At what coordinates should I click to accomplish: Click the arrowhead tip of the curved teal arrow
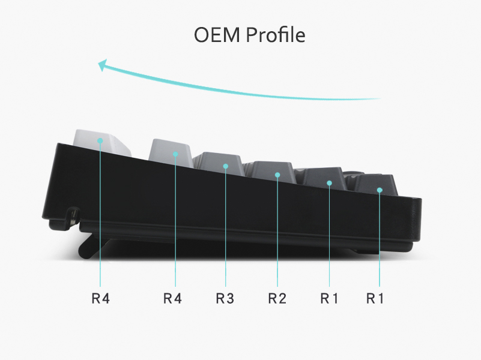pos(98,63)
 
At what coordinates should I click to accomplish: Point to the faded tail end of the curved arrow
pos(380,98)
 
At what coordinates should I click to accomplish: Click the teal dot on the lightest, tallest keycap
pos(100,140)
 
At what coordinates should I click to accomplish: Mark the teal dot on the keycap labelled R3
pos(225,166)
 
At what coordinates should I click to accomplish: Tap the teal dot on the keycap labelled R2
pos(277,175)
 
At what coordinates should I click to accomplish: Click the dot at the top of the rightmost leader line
pos(380,190)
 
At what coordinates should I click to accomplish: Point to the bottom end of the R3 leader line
pos(225,287)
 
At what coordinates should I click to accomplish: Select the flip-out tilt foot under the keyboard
pos(91,246)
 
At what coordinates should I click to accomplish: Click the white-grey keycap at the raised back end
pos(102,142)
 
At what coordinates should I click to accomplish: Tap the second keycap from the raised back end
pos(171,153)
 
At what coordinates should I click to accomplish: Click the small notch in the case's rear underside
pos(73,218)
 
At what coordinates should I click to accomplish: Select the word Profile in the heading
pos(276,35)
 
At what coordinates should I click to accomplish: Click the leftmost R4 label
pos(101,298)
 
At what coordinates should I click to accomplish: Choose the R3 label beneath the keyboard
pos(225,298)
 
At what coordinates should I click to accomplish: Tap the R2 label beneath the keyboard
pos(277,298)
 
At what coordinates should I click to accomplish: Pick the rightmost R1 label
pos(375,298)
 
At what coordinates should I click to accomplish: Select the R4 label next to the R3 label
pos(172,298)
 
